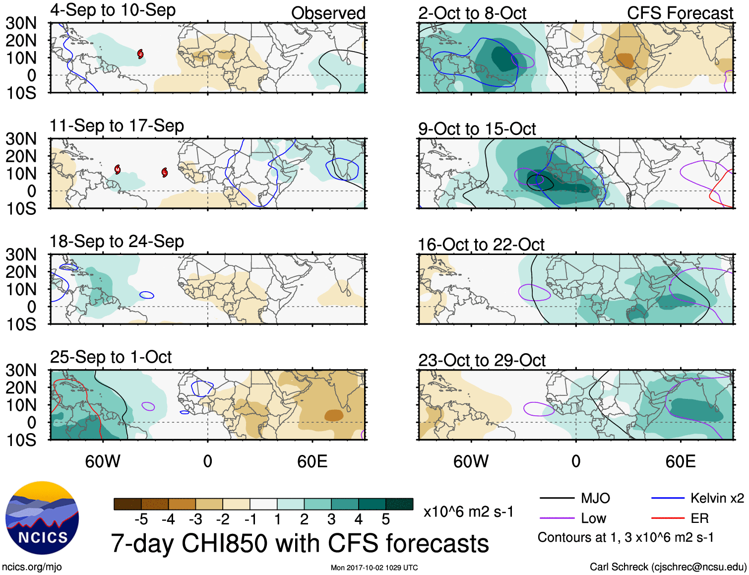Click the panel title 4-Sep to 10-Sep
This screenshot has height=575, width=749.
[113, 10]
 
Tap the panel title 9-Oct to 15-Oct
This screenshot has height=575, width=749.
[477, 129]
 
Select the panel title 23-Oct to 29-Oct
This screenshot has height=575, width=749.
[482, 360]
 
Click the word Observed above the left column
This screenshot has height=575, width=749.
[328, 13]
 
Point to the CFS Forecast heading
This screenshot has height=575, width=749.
[680, 13]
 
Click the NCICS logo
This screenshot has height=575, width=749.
[42, 518]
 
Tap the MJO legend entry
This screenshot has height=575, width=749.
[595, 498]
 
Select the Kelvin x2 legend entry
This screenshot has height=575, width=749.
[717, 498]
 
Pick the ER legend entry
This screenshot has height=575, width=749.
[699, 518]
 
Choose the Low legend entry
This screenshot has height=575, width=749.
[593, 518]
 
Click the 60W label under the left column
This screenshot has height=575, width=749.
[103, 462]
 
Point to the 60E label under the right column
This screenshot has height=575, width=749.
[681, 462]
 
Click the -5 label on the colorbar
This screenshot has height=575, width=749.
[141, 519]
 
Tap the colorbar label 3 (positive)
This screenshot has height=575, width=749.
[331, 519]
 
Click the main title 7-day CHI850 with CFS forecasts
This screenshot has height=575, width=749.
[300, 544]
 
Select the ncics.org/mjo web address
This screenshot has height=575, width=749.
[31, 567]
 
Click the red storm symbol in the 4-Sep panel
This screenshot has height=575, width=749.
[140, 54]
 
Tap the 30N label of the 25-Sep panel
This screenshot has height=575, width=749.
[21, 370]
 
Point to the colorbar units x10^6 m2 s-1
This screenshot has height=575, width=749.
[468, 511]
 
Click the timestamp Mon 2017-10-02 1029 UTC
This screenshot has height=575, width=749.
[374, 568]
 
